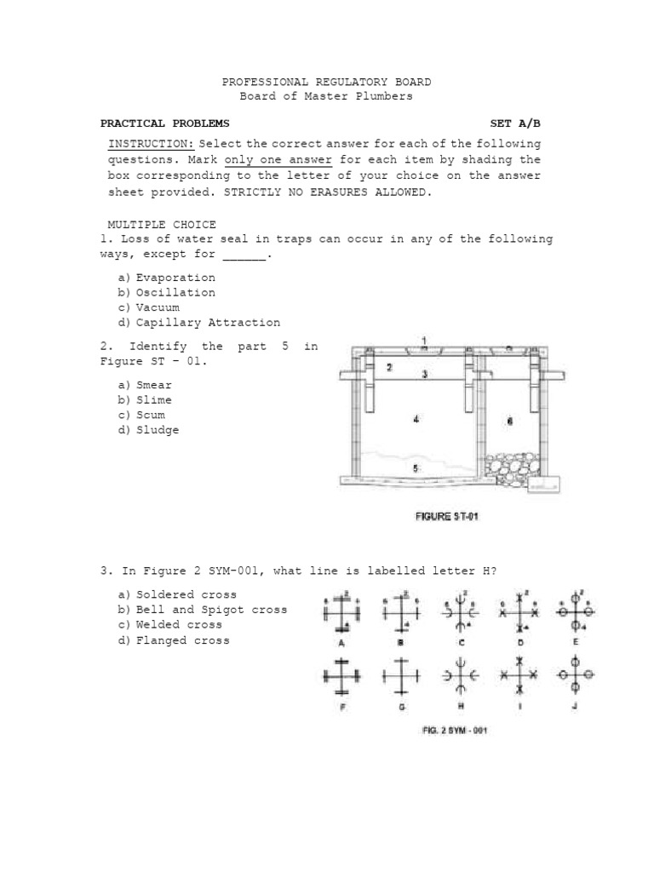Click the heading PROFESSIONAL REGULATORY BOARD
[x=326, y=82]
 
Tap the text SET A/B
[x=515, y=123]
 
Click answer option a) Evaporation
[x=167, y=278]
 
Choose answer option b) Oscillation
[x=167, y=293]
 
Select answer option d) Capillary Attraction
[x=199, y=323]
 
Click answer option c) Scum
[x=142, y=416]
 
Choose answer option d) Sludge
[x=149, y=431]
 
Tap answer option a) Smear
[x=146, y=386]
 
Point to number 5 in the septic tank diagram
[x=416, y=468]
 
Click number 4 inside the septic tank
[x=416, y=420]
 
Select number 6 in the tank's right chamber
[x=509, y=421]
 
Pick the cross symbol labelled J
[x=574, y=674]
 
